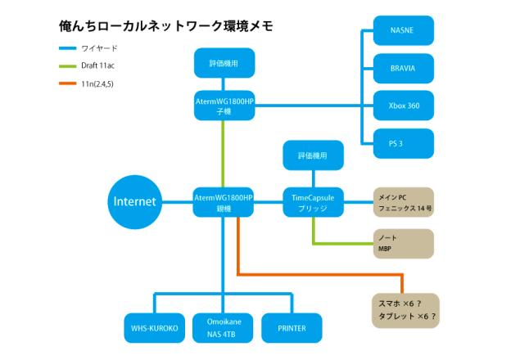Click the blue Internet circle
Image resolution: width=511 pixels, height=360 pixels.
tap(135, 201)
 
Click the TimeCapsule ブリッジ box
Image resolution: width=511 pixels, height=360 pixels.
tap(313, 202)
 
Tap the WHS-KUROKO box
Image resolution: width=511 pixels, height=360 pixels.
tap(154, 327)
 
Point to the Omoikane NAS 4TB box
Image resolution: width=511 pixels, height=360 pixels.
tap(220, 327)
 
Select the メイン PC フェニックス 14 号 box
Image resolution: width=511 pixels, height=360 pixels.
tap(402, 202)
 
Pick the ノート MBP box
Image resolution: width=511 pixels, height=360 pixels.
tap(402, 243)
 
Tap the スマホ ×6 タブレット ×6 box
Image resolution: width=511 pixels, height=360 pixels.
tap(404, 309)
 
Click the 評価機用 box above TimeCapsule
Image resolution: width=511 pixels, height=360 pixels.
tap(313, 155)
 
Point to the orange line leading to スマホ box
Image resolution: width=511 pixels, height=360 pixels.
tap(319, 274)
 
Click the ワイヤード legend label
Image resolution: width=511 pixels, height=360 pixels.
tap(99, 49)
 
